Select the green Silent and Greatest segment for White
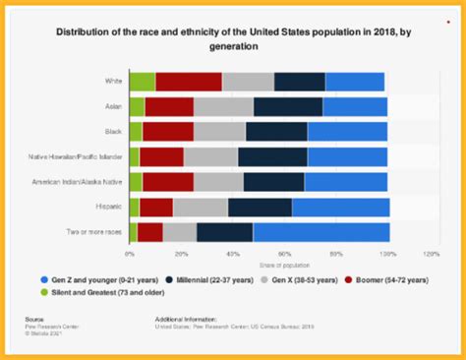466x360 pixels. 142,82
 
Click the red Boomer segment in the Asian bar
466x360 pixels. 169,106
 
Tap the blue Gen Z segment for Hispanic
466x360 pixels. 340,207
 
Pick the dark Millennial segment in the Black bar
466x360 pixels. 276,131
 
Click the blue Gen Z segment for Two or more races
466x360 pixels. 320,232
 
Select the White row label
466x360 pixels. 113,82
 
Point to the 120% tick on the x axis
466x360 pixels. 430,253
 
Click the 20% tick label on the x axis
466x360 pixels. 181,253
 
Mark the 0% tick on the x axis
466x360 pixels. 130,253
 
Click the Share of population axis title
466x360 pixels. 279,262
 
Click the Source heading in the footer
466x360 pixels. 34,320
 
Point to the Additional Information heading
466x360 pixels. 184,320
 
